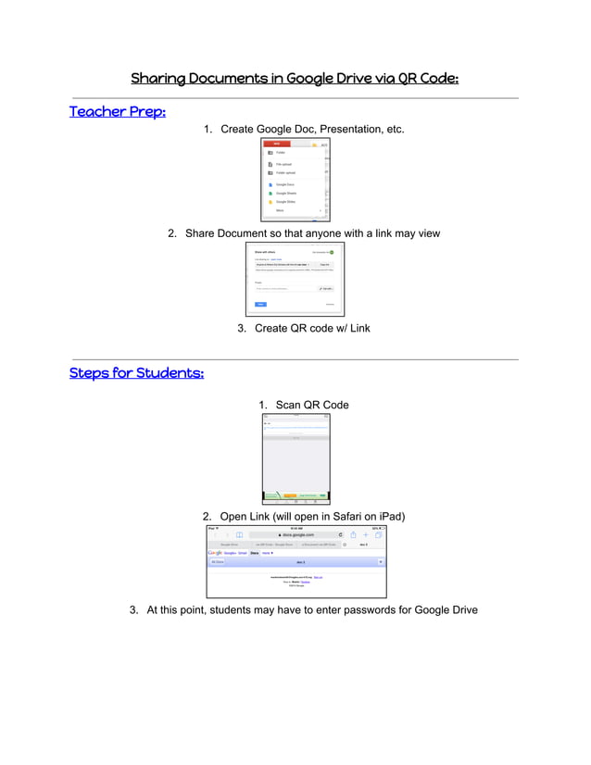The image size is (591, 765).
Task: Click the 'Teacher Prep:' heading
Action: tap(118, 112)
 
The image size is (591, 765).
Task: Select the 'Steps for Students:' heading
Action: tap(136, 373)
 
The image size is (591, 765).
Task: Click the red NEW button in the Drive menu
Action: tap(275, 144)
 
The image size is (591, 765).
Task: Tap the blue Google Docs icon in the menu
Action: tap(270, 184)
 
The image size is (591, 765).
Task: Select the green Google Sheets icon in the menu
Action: tap(270, 193)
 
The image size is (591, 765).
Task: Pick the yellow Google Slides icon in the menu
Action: tap(270, 201)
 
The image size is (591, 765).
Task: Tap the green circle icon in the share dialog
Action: tap(332, 252)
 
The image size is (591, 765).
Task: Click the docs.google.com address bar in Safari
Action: tap(296, 534)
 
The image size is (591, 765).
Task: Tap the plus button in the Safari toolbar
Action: tap(366, 534)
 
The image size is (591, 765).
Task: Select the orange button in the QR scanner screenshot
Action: tap(290, 495)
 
